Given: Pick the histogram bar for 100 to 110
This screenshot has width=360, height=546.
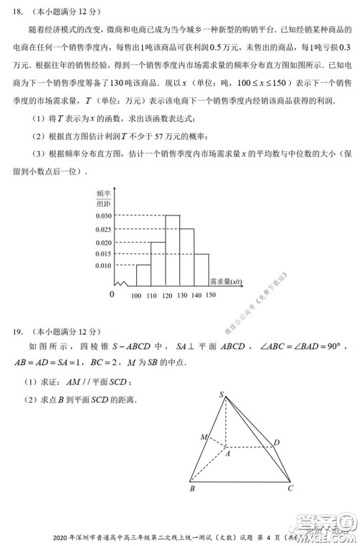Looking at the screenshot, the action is (143, 274).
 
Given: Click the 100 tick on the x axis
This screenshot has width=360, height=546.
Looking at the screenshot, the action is (136, 295).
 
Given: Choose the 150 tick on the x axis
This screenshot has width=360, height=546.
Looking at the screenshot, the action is (210, 295).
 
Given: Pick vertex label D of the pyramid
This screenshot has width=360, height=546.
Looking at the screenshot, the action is (276, 442).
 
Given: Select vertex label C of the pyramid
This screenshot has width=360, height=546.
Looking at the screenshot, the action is (289, 490).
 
